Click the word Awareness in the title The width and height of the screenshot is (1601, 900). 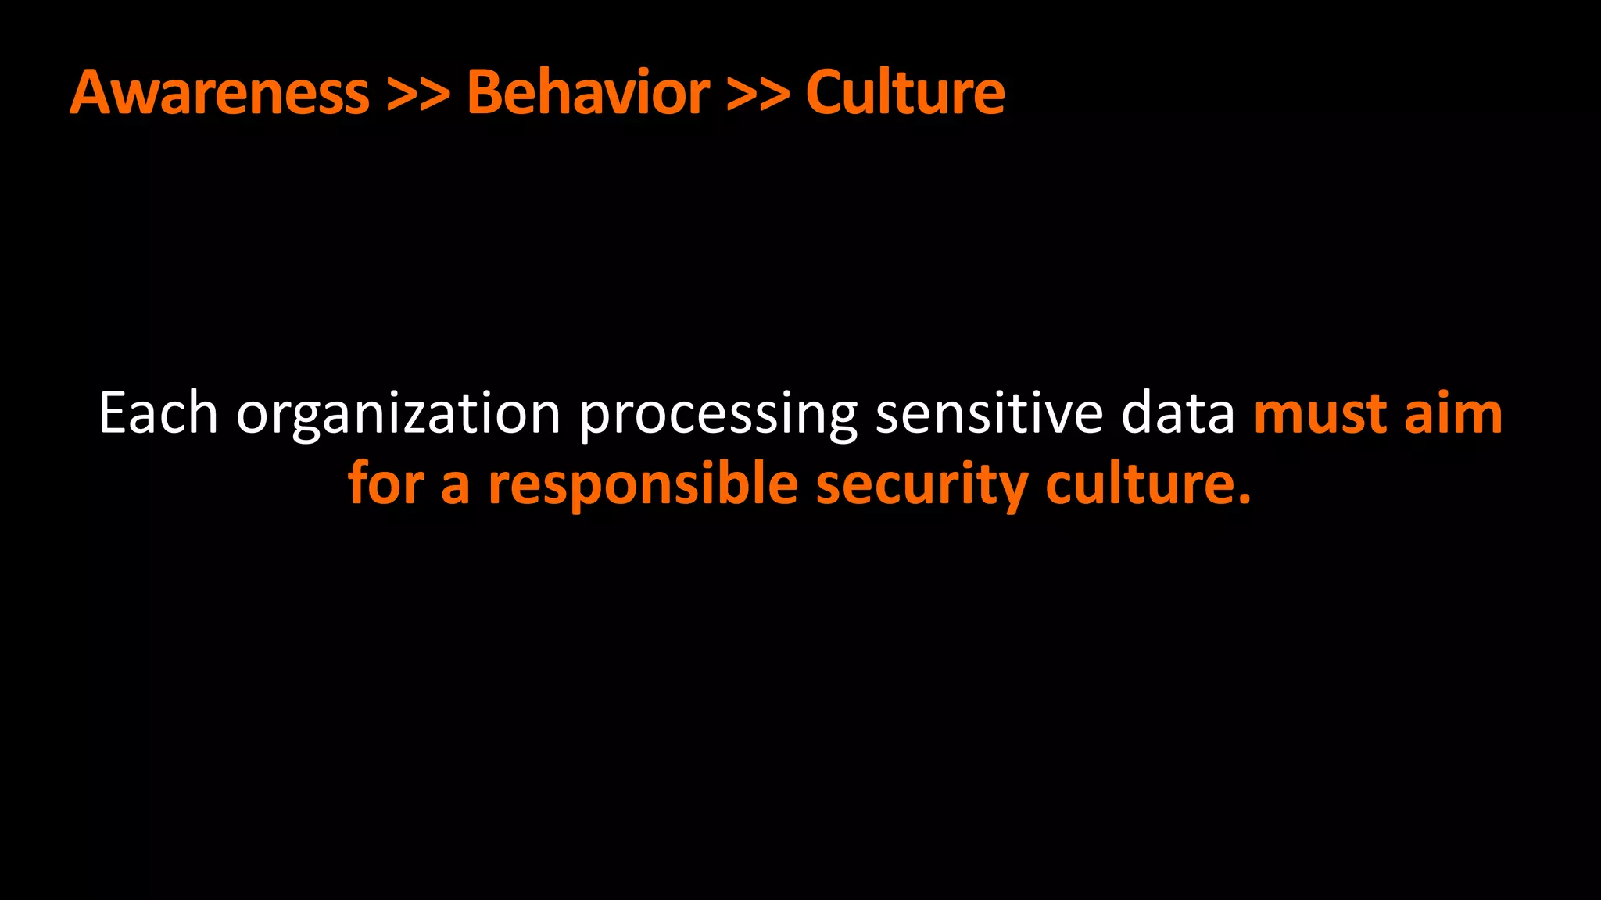[x=220, y=93]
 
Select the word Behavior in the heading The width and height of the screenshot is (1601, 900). [x=588, y=93]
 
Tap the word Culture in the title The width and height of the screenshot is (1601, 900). [x=905, y=93]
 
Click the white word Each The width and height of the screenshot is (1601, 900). [x=158, y=413]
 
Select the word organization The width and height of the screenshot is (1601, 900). [x=399, y=415]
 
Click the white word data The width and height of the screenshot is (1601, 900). [x=1178, y=413]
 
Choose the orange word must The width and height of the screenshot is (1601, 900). [x=1320, y=415]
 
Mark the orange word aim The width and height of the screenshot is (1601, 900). [x=1453, y=413]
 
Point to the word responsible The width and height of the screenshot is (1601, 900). [x=643, y=485]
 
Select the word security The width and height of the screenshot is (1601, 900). [x=922, y=485]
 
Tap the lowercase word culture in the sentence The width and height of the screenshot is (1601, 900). [x=1141, y=484]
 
